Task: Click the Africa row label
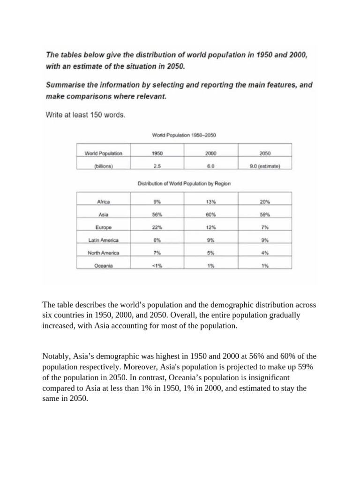[x=103, y=202]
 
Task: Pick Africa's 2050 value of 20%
[x=265, y=202]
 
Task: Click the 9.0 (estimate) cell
[x=265, y=165]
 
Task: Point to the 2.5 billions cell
[x=157, y=165]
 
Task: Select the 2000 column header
[x=210, y=153]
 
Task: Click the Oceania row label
[x=103, y=265]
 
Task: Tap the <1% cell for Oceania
[x=157, y=265]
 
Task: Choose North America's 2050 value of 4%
[x=265, y=253]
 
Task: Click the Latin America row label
[x=103, y=240]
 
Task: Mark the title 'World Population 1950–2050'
[x=184, y=135]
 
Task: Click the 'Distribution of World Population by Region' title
[x=184, y=184]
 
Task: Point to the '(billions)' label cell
[x=103, y=165]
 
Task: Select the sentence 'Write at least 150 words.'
[x=85, y=114]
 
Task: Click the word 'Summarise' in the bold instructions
[x=65, y=86]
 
